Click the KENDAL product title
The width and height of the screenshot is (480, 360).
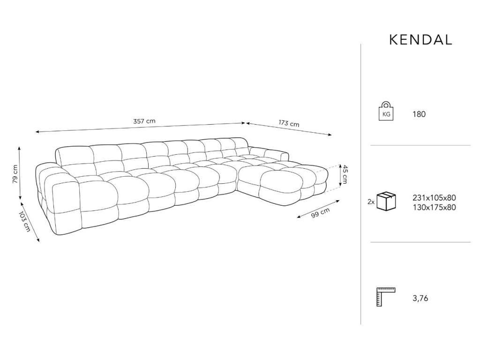click(x=420, y=40)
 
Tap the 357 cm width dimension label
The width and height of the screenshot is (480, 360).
click(x=144, y=121)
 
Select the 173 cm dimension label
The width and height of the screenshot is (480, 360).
click(x=289, y=123)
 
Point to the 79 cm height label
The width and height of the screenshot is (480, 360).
click(x=15, y=174)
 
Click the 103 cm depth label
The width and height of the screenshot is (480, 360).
click(x=25, y=221)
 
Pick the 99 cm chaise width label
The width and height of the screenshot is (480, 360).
click(x=321, y=213)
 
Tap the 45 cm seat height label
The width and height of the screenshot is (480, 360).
click(x=345, y=174)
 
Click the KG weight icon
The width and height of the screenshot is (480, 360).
click(x=386, y=111)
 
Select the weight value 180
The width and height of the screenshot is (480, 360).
click(x=419, y=114)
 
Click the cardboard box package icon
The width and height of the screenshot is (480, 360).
click(x=386, y=201)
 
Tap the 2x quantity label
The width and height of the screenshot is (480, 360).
click(x=371, y=202)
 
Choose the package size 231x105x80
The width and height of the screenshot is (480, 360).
click(x=434, y=198)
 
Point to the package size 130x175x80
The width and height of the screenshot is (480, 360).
click(x=434, y=207)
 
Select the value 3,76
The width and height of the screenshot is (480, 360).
click(x=420, y=298)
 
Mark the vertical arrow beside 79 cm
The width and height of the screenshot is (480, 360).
click(x=20, y=172)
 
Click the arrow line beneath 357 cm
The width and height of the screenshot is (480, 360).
click(x=141, y=127)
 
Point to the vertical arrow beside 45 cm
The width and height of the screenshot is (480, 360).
click(x=340, y=175)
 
